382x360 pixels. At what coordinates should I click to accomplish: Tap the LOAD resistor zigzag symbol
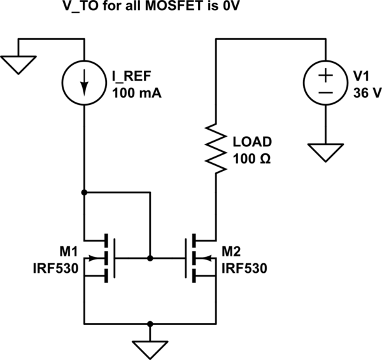point(217,150)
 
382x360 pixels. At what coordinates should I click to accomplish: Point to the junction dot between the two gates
point(150,258)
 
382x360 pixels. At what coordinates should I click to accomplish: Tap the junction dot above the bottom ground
point(150,322)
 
